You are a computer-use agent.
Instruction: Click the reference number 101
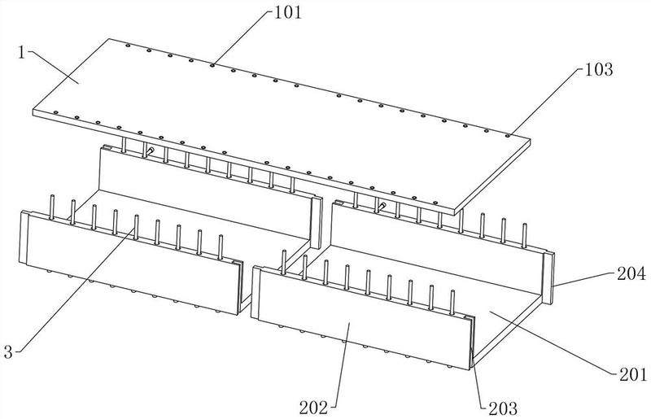point(286,11)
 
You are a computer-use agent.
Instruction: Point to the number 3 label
point(9,351)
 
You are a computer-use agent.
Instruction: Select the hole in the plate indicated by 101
point(212,64)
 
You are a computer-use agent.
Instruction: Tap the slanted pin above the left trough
point(151,151)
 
